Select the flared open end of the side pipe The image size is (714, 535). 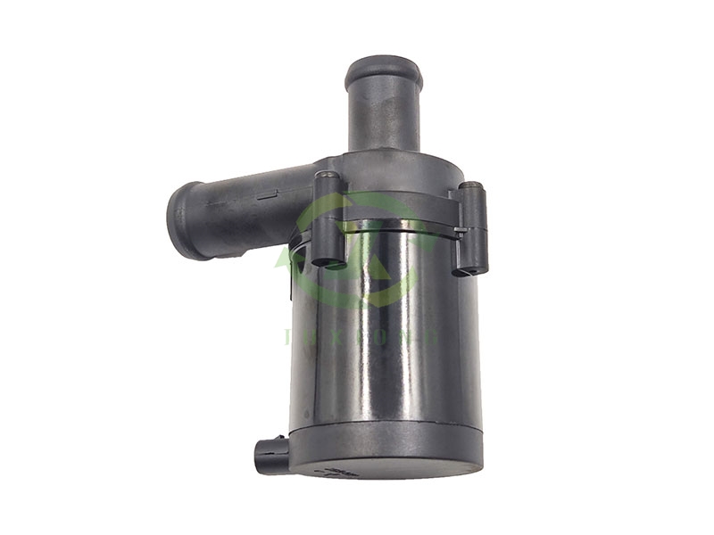click(182, 218)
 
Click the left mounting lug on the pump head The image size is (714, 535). click(328, 218)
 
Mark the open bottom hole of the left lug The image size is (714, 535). click(329, 262)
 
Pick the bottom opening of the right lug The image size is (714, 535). click(471, 269)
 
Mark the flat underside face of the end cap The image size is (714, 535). click(384, 470)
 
